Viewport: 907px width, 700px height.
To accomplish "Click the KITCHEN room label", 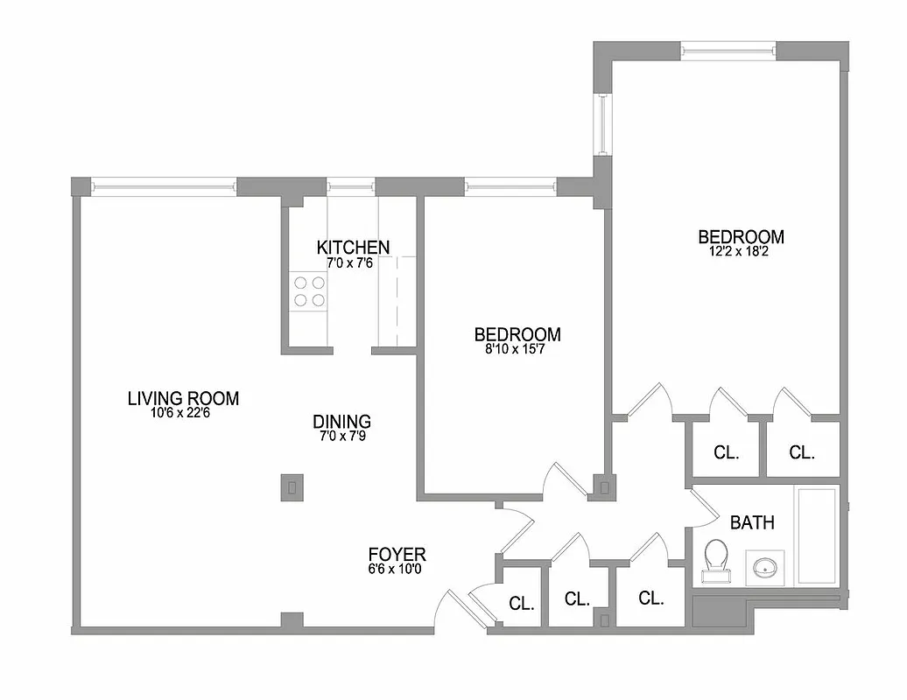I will pyautogui.click(x=353, y=247).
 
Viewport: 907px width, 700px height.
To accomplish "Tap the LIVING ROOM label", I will pyautogui.click(x=183, y=399).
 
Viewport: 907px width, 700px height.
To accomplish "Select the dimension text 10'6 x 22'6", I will pyautogui.click(x=180, y=414).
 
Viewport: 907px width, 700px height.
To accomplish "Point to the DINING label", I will pyautogui.click(x=341, y=421).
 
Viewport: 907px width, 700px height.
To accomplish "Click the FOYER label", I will pyautogui.click(x=397, y=554).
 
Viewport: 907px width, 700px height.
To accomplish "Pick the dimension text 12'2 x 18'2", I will pyautogui.click(x=740, y=252).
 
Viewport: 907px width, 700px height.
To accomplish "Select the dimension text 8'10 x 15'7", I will pyautogui.click(x=517, y=349).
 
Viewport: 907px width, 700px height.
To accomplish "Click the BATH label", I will pyautogui.click(x=752, y=523).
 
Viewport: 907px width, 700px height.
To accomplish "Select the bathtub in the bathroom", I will pyautogui.click(x=816, y=536).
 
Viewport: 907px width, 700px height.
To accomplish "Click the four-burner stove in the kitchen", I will pyautogui.click(x=309, y=291).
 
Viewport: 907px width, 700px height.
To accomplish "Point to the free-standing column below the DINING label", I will pyautogui.click(x=292, y=487).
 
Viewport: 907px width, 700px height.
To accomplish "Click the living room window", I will pyautogui.click(x=164, y=185).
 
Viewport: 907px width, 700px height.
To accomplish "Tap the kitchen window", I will pyautogui.click(x=350, y=185).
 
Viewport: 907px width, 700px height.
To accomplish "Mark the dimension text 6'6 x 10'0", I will pyautogui.click(x=397, y=569).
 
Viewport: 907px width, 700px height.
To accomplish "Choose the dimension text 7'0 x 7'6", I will pyautogui.click(x=350, y=262).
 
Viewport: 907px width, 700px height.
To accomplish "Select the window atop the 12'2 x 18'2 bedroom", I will pyautogui.click(x=728, y=50).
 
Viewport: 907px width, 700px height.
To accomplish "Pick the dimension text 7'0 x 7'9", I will pyautogui.click(x=341, y=435).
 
